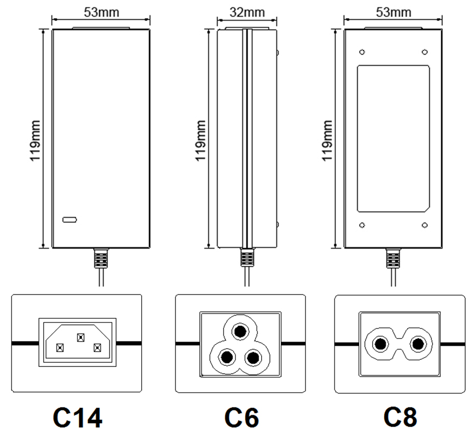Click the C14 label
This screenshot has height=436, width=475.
coord(77,418)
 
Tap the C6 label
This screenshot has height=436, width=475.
coord(242,418)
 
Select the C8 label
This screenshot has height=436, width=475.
coord(400,417)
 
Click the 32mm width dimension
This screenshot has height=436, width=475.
coord(247,12)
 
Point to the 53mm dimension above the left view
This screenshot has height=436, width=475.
coord(101,12)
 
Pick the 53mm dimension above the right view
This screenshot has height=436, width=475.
coord(393,12)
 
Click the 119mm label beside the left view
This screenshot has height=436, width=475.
coord(35,141)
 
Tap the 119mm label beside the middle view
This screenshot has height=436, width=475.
coord(200,141)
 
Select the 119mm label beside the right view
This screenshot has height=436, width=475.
coord(327,141)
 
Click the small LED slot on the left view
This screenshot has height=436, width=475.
coord(70,220)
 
